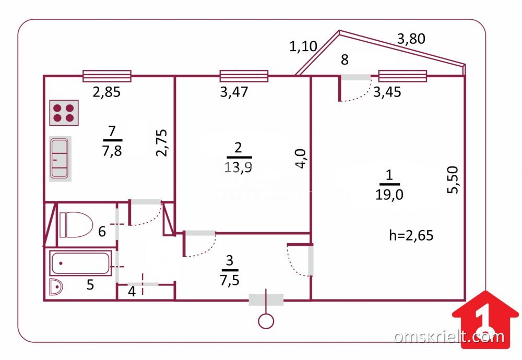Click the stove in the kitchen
pos(64,113)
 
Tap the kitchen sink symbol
pos(60,159)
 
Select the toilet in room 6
pos(76,224)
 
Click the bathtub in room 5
pos(80,263)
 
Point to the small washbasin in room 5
pos(56,287)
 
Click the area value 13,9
pos(238,166)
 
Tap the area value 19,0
pos(389,194)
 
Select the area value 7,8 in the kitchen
pos(112,151)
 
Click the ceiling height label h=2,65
pos(411,235)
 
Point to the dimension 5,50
pos(453,180)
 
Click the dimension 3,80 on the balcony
pos(411,39)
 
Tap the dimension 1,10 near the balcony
pos(303,46)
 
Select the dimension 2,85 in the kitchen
pos(106,92)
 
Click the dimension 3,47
pos(234,92)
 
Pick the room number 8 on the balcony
pos(345,59)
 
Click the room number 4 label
pos(132,292)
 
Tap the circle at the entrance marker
pos(266,321)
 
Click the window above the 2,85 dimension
pos(107,76)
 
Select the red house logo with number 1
pos(485,319)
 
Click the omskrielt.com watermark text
pos(449,337)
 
